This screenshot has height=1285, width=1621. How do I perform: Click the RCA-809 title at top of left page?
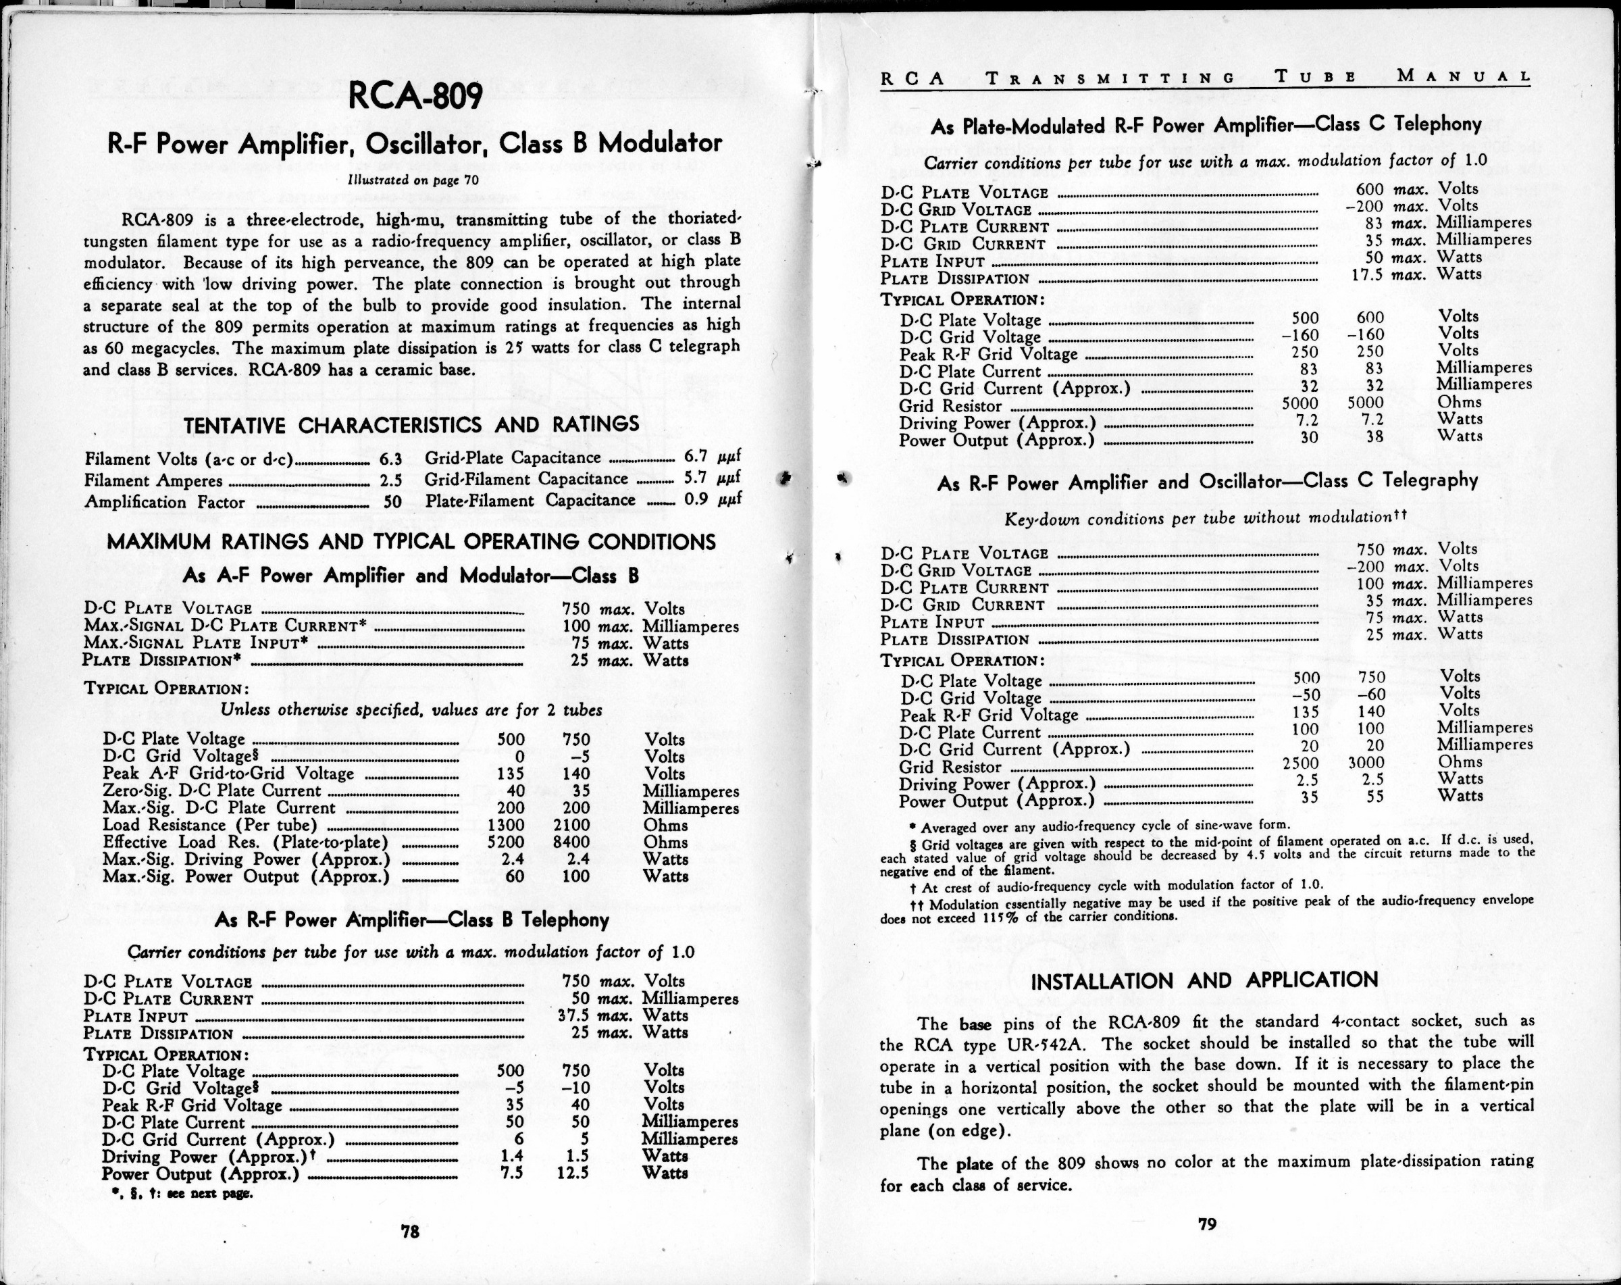pos(416,95)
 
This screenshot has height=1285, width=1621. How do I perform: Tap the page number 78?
pos(410,1232)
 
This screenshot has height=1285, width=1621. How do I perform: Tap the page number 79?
pos(1206,1224)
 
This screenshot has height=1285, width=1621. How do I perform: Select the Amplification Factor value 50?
pos(392,502)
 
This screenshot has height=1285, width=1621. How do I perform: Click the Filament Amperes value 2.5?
pos(391,480)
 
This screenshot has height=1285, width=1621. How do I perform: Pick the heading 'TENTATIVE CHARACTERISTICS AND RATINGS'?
pos(411,425)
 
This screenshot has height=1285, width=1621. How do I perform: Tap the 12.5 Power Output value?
pos(573,1173)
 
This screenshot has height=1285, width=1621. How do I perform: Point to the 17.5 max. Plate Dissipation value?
pos(1368,274)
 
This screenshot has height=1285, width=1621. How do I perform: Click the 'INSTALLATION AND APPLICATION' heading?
pos(1204,980)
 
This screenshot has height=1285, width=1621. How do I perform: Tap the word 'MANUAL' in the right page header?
pos(1464,76)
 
